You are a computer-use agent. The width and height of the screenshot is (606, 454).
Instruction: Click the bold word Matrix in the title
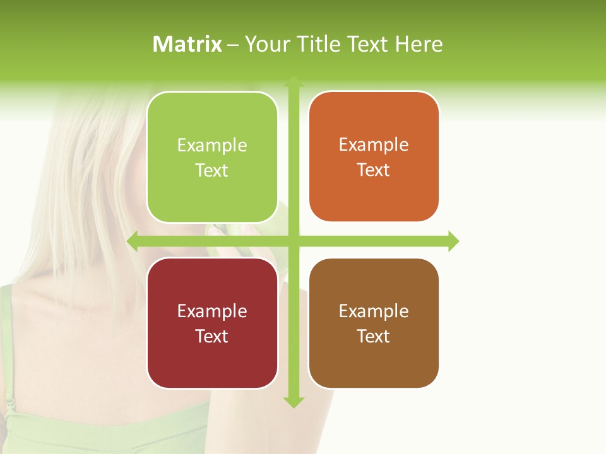(187, 44)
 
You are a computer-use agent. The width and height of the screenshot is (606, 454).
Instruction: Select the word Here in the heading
(419, 44)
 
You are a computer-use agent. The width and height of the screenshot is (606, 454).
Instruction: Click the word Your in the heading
(265, 44)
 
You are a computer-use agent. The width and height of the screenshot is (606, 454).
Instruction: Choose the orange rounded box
(374, 156)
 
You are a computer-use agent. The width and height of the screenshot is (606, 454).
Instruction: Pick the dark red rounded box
(212, 323)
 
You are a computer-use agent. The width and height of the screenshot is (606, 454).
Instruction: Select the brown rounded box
(374, 323)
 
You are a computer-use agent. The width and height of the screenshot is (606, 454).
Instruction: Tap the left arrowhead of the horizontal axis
(133, 241)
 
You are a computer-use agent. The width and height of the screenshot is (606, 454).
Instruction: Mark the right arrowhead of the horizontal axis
(453, 241)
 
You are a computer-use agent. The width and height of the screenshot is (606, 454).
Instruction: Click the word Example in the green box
(212, 145)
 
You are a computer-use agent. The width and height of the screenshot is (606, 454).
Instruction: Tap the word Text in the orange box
(374, 170)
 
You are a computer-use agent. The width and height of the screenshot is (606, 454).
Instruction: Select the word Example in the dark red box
(212, 311)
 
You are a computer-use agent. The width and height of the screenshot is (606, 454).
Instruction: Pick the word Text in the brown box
(374, 336)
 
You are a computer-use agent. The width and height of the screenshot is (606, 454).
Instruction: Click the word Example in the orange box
(374, 144)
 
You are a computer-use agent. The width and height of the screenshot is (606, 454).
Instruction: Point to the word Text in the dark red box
(212, 336)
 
